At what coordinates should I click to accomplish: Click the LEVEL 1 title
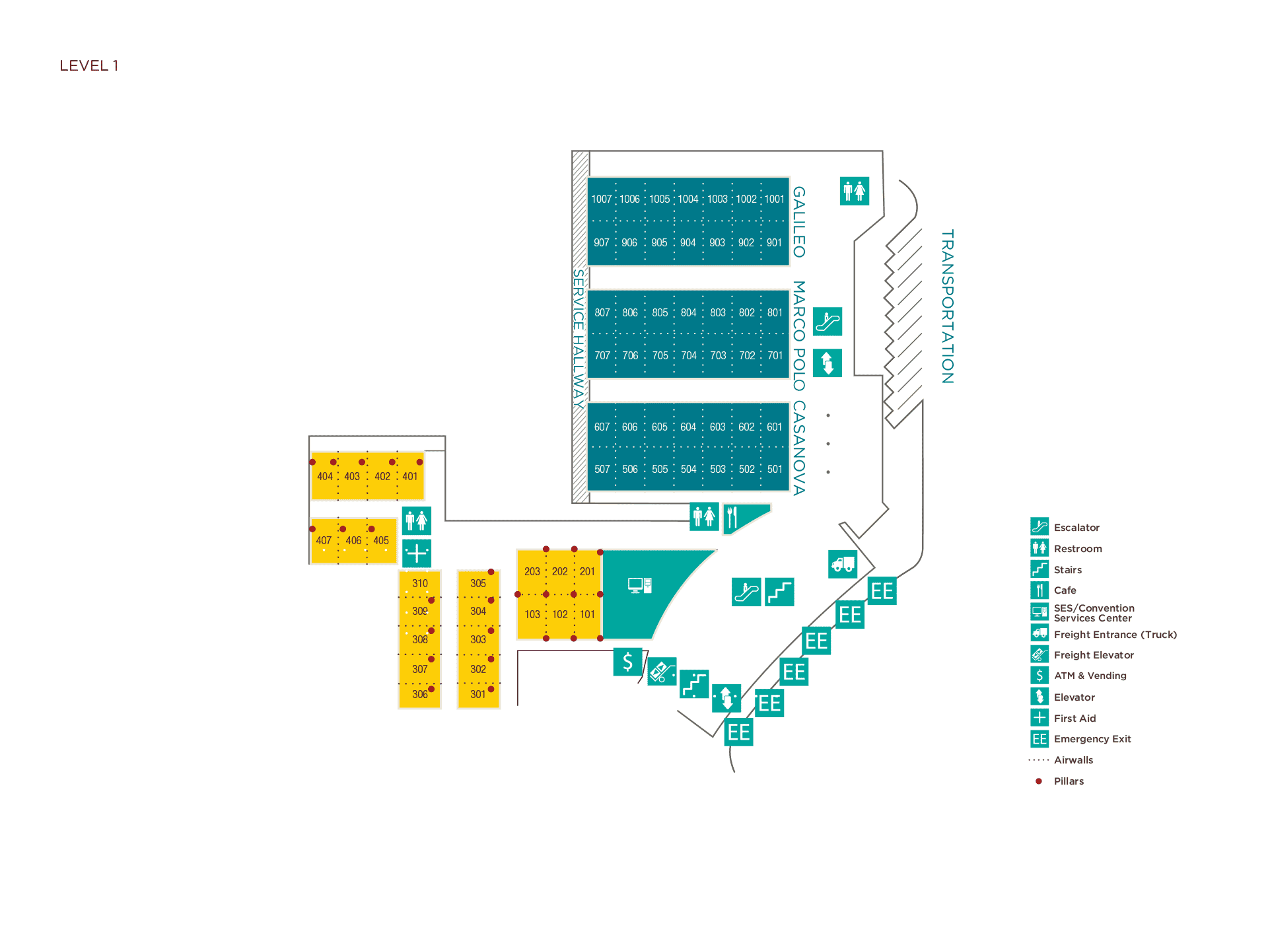88,65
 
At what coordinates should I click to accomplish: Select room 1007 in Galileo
601,199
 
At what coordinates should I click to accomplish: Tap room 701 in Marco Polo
775,355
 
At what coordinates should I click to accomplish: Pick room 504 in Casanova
688,469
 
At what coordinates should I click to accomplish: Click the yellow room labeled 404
324,476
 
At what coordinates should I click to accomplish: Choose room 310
419,583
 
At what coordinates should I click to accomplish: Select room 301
477,694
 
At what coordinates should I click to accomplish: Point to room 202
559,571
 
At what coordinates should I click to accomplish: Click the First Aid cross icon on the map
417,553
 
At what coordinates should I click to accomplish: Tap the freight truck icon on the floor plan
843,564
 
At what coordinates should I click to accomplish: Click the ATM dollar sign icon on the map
627,661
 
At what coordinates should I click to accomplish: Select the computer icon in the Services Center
639,585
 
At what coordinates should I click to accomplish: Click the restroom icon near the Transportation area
854,192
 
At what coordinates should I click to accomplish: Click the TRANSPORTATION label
947,306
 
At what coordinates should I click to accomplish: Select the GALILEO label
798,222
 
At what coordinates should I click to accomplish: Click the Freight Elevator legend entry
1093,655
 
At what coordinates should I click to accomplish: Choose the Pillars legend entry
1068,781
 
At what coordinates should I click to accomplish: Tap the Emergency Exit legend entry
1092,739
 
